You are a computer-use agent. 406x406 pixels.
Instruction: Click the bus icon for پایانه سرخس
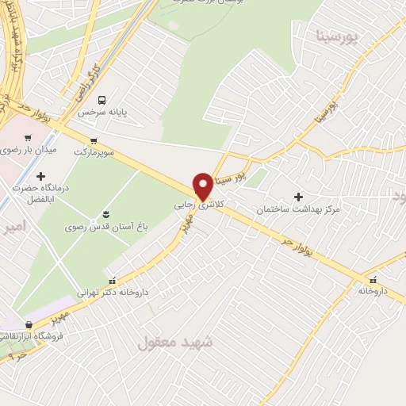[101, 100]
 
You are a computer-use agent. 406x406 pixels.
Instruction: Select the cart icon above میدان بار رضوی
[29, 137]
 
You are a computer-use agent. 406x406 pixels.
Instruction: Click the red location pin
[203, 186]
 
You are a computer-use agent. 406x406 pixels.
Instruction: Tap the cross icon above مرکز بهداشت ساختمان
[298, 197]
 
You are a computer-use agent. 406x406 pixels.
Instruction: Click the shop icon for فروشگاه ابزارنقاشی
[29, 324]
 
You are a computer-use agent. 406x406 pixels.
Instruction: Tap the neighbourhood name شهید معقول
[175, 343]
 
